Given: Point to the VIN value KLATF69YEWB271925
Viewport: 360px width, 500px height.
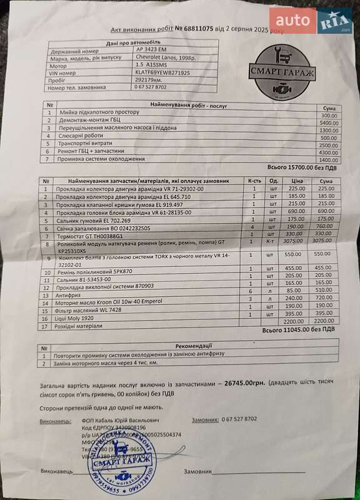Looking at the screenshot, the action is (x=163, y=72).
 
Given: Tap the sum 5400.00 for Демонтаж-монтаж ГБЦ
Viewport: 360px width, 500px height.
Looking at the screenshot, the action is (x=328, y=124).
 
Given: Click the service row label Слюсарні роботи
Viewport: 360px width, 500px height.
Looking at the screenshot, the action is (x=81, y=137).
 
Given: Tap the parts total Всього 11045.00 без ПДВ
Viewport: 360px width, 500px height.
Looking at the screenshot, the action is (x=301, y=329).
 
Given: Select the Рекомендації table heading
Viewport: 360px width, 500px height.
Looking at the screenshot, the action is (x=194, y=345).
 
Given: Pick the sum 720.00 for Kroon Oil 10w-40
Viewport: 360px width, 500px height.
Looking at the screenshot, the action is (x=325, y=299).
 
